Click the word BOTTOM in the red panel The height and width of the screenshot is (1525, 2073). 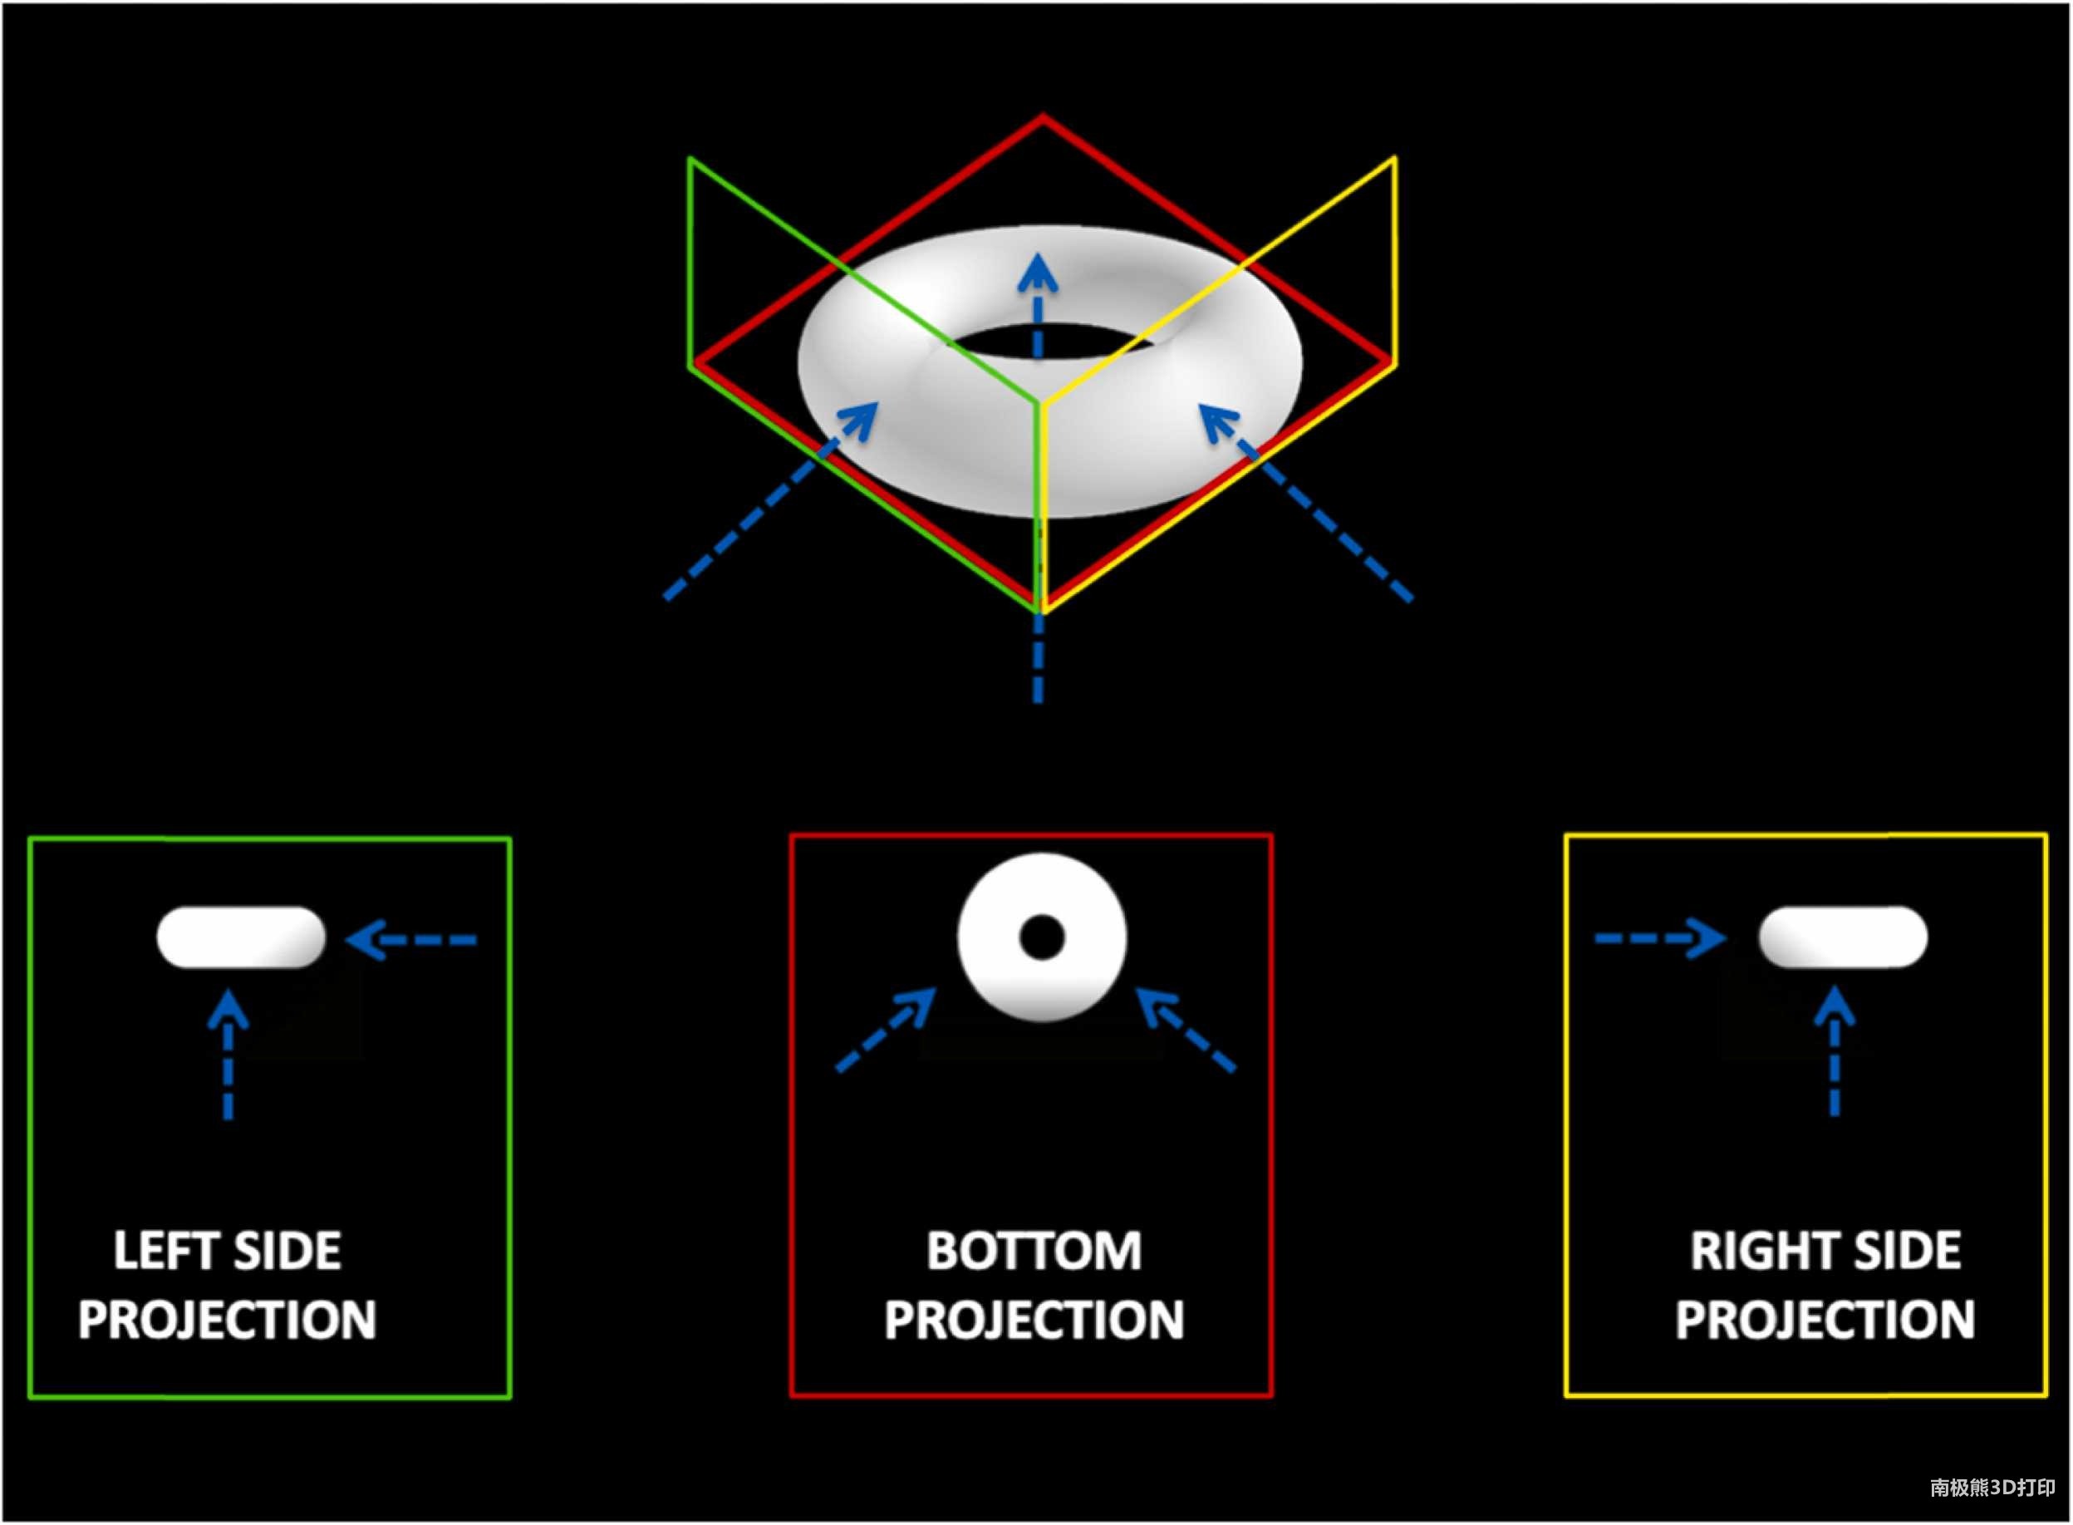pyautogui.click(x=1034, y=1251)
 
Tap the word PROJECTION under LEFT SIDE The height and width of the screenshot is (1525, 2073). pyautogui.click(x=227, y=1319)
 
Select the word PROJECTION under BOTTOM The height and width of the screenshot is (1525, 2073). pyautogui.click(x=1034, y=1319)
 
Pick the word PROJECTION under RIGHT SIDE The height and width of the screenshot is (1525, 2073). pyautogui.click(x=1825, y=1319)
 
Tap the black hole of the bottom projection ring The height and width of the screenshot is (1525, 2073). pyautogui.click(x=1041, y=937)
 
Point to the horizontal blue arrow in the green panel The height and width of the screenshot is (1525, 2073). pyautogui.click(x=410, y=941)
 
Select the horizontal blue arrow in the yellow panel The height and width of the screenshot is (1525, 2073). pyautogui.click(x=1659, y=939)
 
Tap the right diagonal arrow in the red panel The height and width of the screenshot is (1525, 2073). pyautogui.click(x=1186, y=1030)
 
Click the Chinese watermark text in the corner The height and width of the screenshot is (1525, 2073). pyautogui.click(x=1992, y=1487)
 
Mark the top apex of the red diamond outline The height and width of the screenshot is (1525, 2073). pyautogui.click(x=1043, y=117)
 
